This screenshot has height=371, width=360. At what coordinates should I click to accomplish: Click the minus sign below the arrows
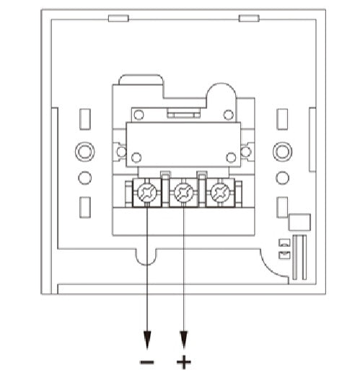tap(147, 362)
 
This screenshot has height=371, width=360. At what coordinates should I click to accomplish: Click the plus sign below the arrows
tap(184, 362)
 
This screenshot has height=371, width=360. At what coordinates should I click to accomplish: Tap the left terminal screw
tap(147, 192)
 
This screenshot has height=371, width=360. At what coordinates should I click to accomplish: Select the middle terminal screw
tap(184, 192)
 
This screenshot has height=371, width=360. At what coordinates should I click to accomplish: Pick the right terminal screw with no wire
tap(220, 192)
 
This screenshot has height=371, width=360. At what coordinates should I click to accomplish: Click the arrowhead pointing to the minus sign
tap(147, 340)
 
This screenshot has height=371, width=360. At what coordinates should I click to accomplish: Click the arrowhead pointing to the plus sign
tap(184, 340)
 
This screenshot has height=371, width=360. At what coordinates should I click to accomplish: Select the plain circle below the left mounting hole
tap(84, 178)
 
